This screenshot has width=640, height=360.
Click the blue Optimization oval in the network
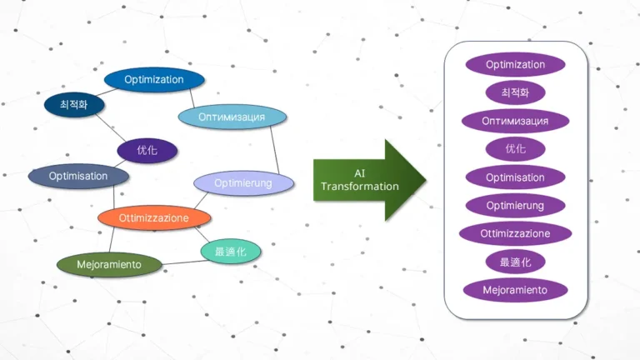(154, 79)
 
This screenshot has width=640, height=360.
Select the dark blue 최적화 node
(73, 105)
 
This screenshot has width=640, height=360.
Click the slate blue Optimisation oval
(78, 176)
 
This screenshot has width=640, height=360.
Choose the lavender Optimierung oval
(243, 182)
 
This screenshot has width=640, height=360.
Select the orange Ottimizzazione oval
(154, 217)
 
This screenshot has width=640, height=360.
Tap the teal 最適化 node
(230, 251)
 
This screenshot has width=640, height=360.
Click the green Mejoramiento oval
(108, 264)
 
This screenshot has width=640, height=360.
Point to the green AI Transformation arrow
(367, 180)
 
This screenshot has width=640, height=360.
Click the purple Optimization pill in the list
(515, 64)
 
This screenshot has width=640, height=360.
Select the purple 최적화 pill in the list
(515, 92)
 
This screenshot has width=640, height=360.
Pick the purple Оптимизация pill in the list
(515, 121)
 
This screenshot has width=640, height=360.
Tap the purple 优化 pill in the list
(515, 149)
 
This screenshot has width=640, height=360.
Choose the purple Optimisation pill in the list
(515, 177)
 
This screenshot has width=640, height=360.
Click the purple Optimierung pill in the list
(515, 205)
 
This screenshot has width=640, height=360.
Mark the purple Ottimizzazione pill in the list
(515, 233)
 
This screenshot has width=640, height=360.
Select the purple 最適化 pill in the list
(515, 262)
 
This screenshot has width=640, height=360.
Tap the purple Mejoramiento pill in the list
(515, 290)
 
